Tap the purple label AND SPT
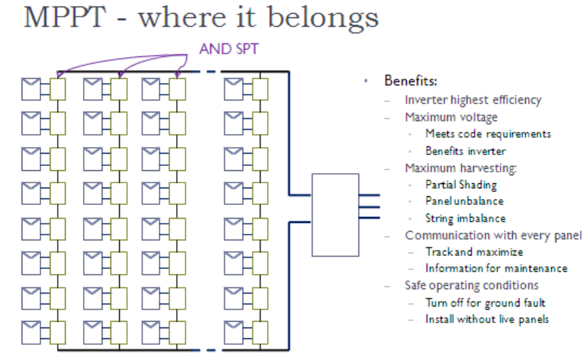228,51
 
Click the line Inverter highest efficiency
473,100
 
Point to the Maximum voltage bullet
451,117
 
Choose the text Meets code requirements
488,133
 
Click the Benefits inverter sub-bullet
466,151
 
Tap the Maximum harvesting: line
462,168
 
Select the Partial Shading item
461,185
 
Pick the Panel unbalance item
465,201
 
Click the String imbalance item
465,218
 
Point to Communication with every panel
493,235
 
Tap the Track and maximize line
474,252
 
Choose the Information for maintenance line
496,268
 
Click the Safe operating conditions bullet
472,285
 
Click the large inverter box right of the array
335,215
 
